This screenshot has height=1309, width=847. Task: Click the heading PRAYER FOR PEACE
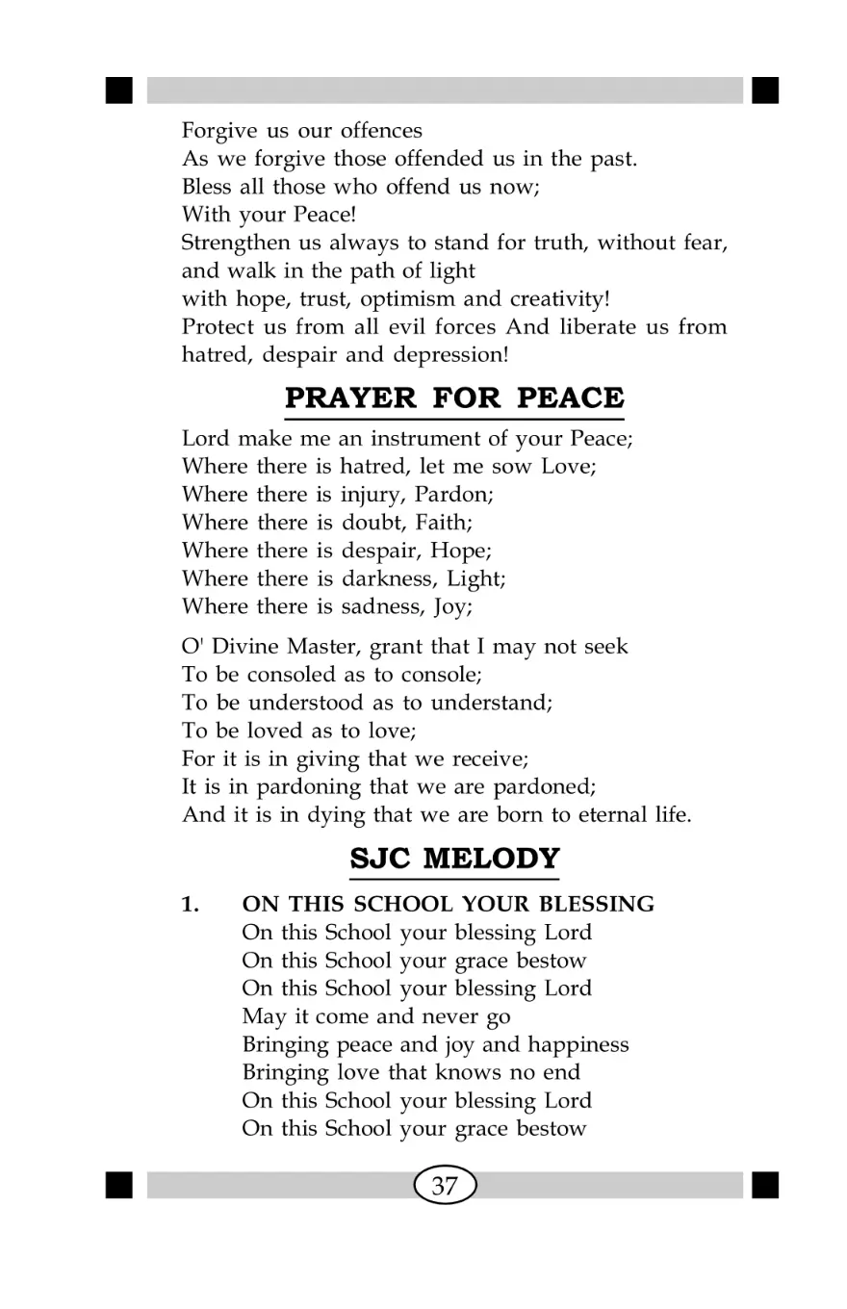pos(454,397)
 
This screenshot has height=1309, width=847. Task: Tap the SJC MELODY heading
pos(454,857)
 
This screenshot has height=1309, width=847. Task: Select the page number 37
pos(445,1186)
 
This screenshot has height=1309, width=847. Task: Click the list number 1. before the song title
pos(192,905)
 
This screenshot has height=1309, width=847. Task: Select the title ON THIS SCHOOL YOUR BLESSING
pos(449,905)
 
